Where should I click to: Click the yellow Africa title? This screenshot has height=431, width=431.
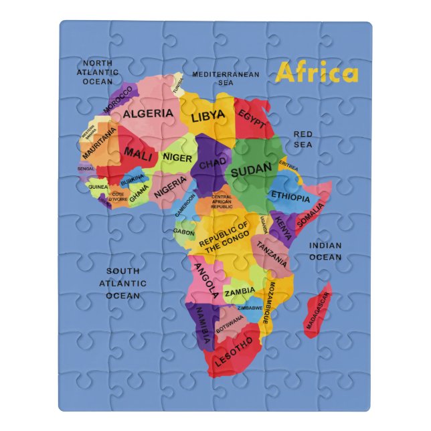[x=317, y=73]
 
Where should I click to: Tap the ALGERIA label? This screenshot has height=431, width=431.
[x=147, y=113]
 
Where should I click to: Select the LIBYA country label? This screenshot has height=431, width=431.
[x=208, y=117]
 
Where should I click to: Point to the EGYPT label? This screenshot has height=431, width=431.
[x=252, y=118]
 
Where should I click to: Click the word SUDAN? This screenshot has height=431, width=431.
[x=251, y=170]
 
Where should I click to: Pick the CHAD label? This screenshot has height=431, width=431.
[x=213, y=164]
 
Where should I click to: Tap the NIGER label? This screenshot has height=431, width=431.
[x=178, y=159]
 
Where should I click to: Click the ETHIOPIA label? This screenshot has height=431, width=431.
[x=290, y=197]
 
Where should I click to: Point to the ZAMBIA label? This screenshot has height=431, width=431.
[x=239, y=292]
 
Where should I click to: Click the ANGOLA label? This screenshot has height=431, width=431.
[x=205, y=280]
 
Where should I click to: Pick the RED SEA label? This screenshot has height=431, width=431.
[x=303, y=139]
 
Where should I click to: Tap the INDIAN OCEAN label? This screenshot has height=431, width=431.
[x=325, y=251]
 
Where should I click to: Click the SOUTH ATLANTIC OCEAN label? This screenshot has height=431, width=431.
[x=123, y=282]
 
